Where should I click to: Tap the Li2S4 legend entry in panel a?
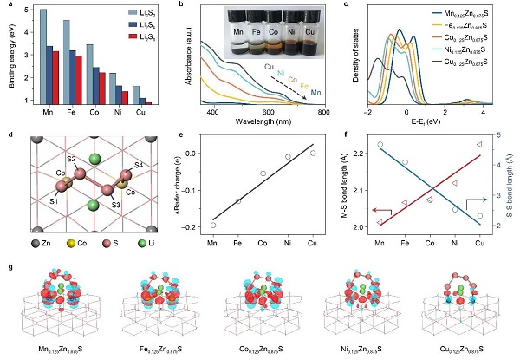tap(140, 25)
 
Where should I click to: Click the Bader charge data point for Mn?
tap(213, 225)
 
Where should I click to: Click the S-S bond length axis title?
tap(514, 181)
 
